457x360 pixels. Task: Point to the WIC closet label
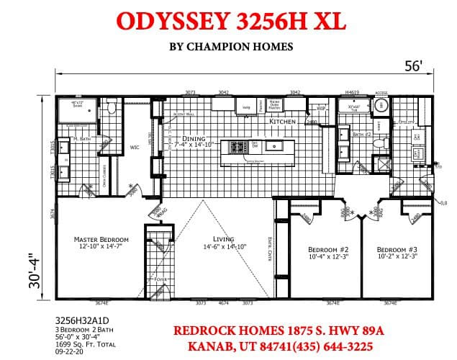tap(134, 148)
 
